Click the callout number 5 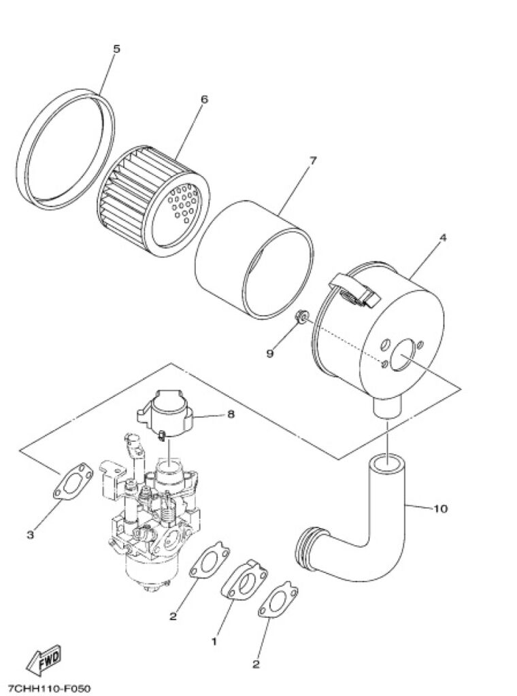(x=116, y=49)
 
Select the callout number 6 (x=204, y=99)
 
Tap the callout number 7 (x=313, y=160)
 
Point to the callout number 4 (x=442, y=238)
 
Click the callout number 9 (x=269, y=353)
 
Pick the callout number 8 (x=231, y=415)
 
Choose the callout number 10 (x=440, y=508)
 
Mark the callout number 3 (x=30, y=535)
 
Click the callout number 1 (x=214, y=642)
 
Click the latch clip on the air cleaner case (x=354, y=290)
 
